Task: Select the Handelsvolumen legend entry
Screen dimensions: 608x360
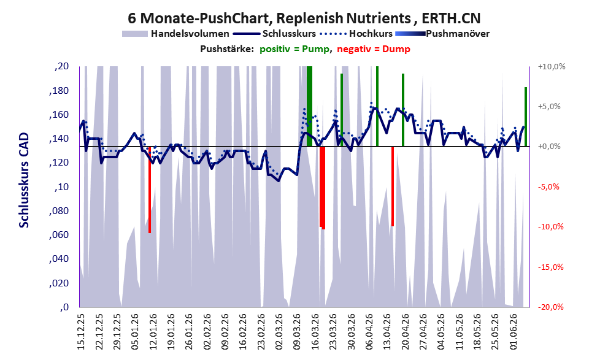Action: coord(175,34)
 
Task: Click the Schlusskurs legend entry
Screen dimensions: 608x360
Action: coord(274,34)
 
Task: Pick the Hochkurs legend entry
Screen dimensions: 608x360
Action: coord(356,34)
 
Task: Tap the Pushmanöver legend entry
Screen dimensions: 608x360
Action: coord(442,34)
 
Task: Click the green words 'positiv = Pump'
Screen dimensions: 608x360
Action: coord(295,49)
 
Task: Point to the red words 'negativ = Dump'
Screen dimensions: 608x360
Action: coord(374,49)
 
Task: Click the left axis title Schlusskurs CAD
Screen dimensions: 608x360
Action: coord(24,180)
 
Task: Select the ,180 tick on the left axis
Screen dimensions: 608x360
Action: coord(59,91)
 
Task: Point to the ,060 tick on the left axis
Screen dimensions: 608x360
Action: coord(59,236)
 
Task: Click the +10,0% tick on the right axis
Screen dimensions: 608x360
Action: coord(552,67)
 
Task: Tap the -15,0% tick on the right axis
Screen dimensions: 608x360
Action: coord(550,267)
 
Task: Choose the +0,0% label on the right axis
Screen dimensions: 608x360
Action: coord(549,147)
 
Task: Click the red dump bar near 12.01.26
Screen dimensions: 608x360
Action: coord(150,190)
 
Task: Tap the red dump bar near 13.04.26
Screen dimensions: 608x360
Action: coord(393,186)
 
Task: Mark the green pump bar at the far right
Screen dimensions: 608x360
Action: coord(526,117)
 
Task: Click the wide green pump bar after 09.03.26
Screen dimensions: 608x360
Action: coord(309,106)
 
